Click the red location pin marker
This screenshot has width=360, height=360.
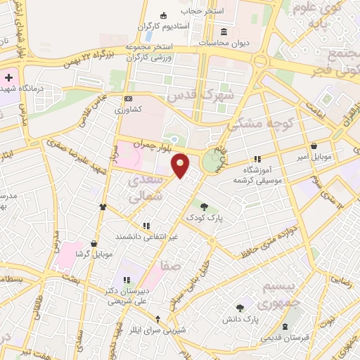pyautogui.click(x=181, y=165)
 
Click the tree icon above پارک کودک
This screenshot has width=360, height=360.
pyautogui.click(x=204, y=207)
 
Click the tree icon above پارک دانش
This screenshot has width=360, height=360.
pyautogui.click(x=240, y=307)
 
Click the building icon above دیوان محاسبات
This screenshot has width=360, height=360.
pyautogui.click(x=224, y=32)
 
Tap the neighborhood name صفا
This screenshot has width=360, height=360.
pyautogui.click(x=170, y=266)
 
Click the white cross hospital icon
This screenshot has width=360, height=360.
pyautogui.click(x=8, y=77)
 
